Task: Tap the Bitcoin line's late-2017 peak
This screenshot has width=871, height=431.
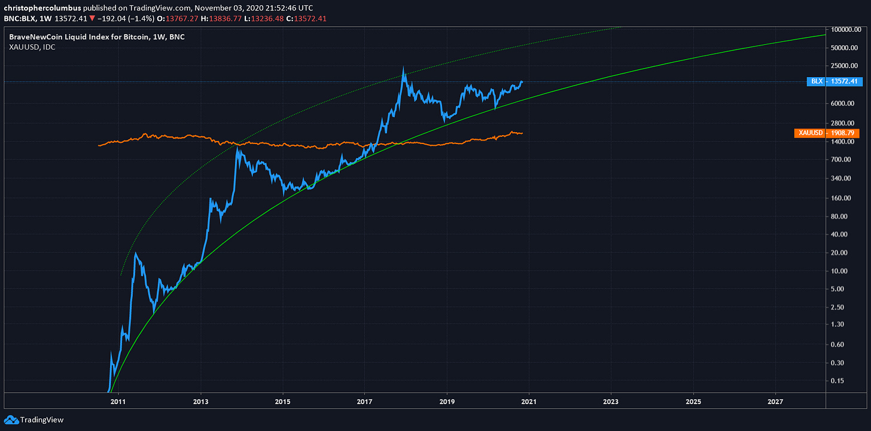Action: coord(404,68)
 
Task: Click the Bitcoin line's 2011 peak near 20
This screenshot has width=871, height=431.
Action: coord(135,253)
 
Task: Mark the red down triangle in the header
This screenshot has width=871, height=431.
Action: coord(92,19)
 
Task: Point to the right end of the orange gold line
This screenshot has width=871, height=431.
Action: coord(522,133)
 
